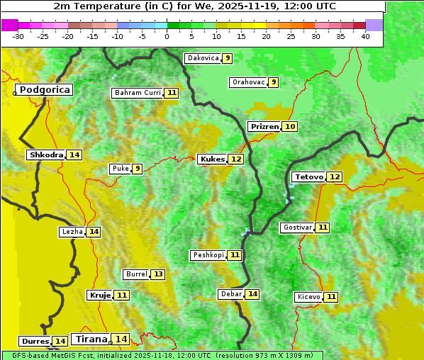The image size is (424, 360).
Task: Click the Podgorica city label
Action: click(44, 90)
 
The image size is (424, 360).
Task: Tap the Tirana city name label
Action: click(90, 339)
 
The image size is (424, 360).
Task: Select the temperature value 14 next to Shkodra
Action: click(74, 154)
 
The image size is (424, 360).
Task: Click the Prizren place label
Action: click(264, 127)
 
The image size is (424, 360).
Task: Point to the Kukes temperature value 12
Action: click(236, 159)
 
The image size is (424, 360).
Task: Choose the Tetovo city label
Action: click(308, 177)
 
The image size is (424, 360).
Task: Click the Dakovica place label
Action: click(202, 58)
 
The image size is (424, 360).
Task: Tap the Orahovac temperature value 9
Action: click(274, 82)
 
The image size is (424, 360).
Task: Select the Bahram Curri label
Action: click(138, 93)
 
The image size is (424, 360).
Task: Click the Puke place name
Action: click(120, 169)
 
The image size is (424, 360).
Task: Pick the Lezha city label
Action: click(72, 232)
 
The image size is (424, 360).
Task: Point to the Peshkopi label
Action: click(208, 255)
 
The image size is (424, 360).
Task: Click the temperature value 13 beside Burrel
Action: click(158, 274)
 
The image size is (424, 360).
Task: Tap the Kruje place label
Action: click(99, 295)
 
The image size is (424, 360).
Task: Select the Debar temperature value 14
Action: click(252, 294)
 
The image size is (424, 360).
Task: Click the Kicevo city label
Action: click(308, 297)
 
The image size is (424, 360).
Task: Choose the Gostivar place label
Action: click(296, 227)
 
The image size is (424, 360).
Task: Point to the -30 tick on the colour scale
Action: click(18, 36)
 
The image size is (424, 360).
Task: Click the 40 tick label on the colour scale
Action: click(365, 36)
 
